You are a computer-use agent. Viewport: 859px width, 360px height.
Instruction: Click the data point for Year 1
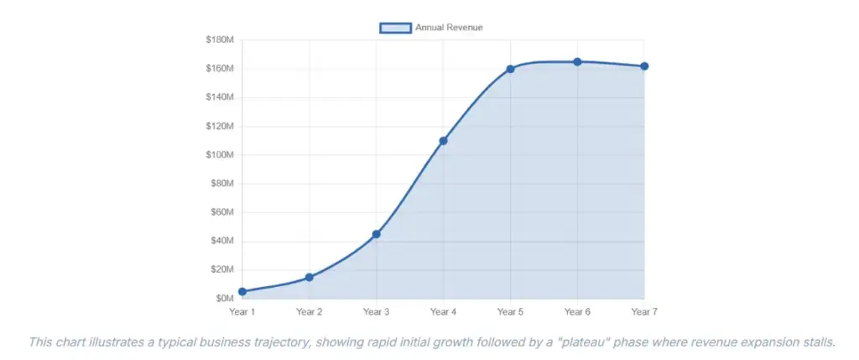[242, 292]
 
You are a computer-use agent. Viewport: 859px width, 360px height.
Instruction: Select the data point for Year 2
[310, 277]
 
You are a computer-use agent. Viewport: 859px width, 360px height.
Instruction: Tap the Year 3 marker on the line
[377, 234]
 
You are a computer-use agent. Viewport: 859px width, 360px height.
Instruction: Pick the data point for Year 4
[443, 141]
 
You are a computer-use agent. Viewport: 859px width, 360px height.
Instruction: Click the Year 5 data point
[510, 69]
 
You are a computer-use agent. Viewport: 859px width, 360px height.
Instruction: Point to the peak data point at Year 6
[577, 62]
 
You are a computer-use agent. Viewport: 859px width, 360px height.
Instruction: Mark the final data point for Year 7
[644, 66]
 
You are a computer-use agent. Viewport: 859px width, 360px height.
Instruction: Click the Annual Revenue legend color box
[395, 28]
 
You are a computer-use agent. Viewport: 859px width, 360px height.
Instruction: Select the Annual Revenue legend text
[449, 28]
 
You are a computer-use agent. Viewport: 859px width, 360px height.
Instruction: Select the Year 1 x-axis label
[242, 312]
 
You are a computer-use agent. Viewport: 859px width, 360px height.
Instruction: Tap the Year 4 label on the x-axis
[443, 312]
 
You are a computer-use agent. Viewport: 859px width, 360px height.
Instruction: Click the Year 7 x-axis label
[644, 312]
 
